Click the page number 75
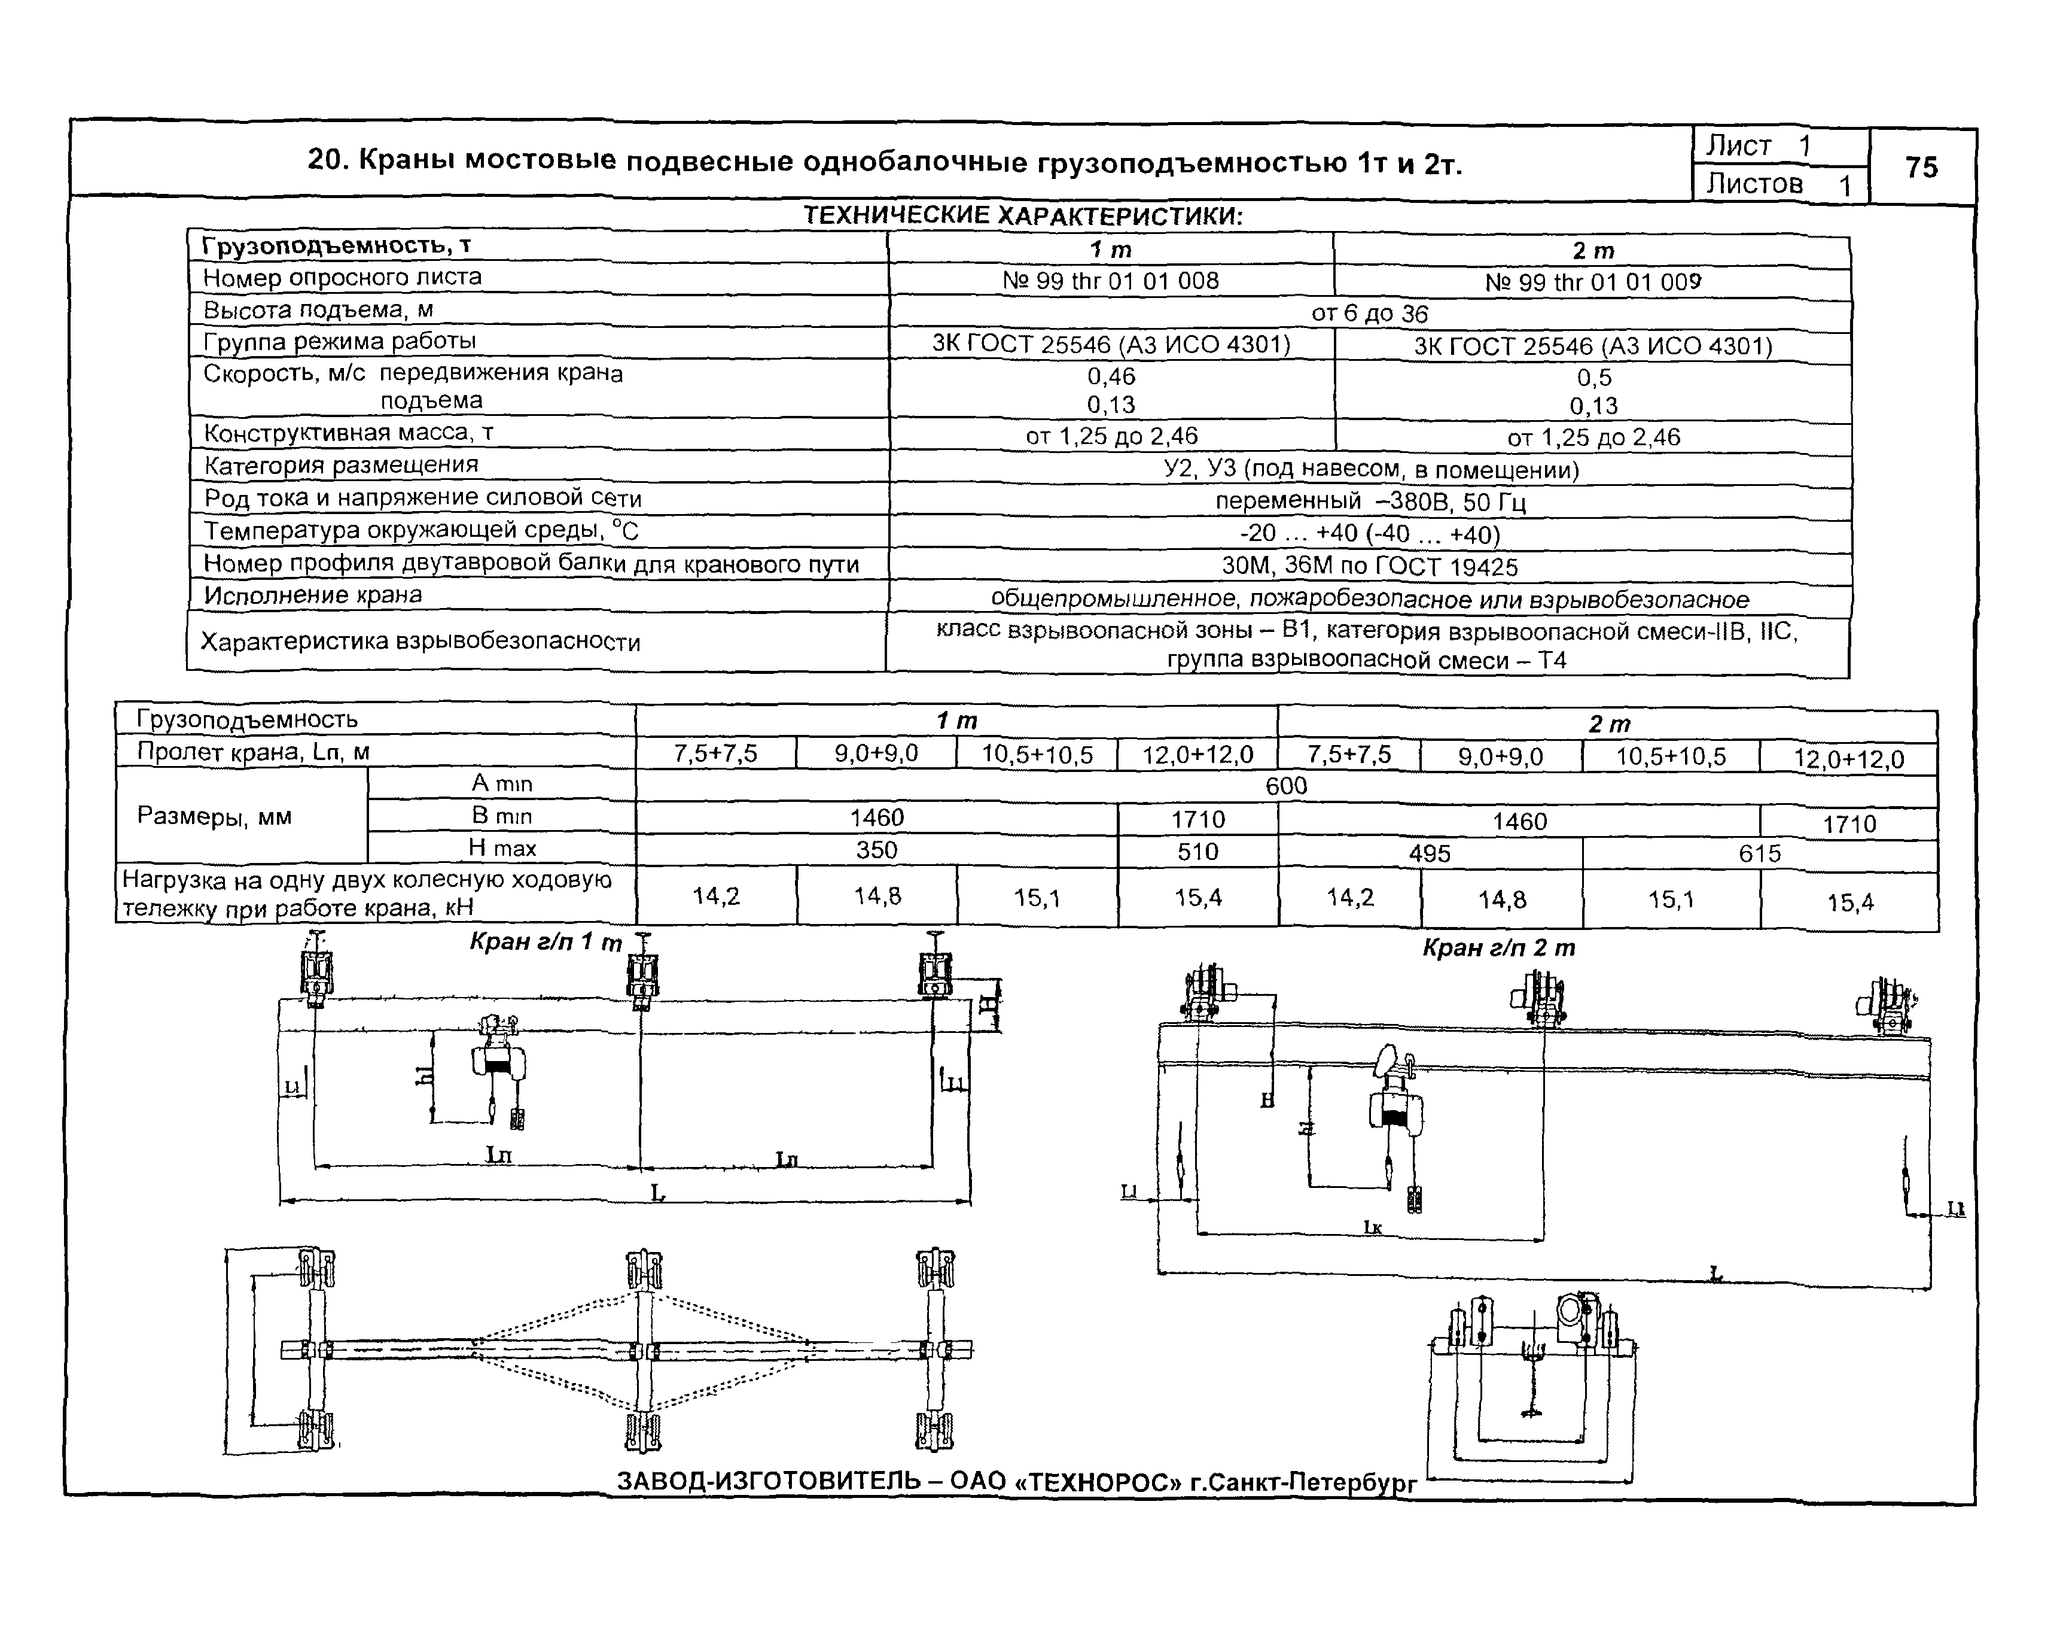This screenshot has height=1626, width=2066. [1921, 168]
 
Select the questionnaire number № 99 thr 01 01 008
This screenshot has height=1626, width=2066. [1111, 281]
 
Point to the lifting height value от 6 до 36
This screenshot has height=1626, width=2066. [1369, 313]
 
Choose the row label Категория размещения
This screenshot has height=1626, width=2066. [342, 464]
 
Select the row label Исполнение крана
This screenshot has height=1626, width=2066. [313, 595]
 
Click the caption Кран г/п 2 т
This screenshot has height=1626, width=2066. [1499, 948]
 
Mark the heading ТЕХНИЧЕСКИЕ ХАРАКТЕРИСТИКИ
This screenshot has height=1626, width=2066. [1023, 216]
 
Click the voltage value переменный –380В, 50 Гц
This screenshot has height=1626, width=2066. [1370, 502]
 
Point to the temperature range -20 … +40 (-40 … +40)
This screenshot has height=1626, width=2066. [1370, 534]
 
